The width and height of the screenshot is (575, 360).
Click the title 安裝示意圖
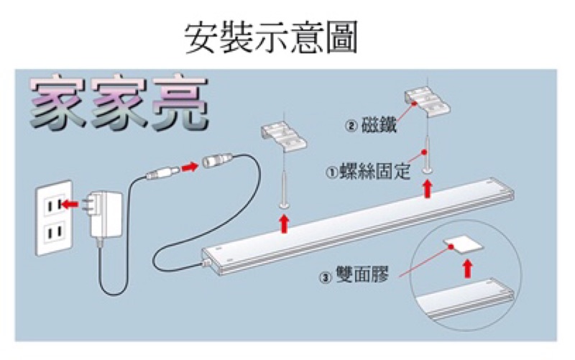[271, 37]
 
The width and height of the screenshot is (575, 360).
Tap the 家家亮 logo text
[118, 104]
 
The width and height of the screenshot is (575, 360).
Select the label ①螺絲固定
[368, 172]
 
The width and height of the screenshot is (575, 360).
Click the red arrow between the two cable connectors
[190, 167]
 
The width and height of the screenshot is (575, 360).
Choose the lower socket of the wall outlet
[52, 234]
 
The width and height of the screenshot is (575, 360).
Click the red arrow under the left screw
[285, 223]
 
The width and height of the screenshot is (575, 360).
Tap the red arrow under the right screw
[428, 189]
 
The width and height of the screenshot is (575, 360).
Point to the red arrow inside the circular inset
[468, 269]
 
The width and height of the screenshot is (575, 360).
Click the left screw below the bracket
[285, 187]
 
